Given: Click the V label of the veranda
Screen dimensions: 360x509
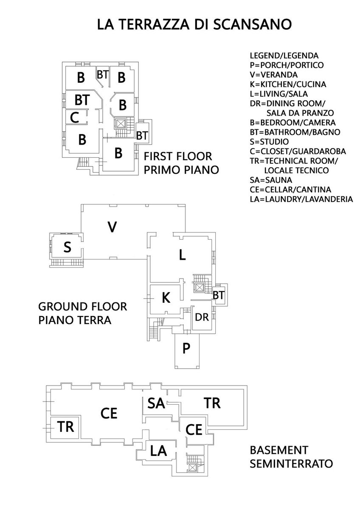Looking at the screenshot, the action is [x=112, y=227].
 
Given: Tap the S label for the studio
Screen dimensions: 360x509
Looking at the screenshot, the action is [x=67, y=247].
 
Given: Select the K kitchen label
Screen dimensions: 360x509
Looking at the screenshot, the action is [x=166, y=298].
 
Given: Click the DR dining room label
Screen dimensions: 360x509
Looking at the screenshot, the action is [x=202, y=317].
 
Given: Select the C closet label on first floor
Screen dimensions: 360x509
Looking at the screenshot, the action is [x=74, y=117].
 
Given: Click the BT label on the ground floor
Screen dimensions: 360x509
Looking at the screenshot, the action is [x=219, y=295].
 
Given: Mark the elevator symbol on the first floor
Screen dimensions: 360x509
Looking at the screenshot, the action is [x=120, y=124].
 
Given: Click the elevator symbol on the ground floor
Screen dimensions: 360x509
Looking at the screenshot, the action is [x=199, y=288].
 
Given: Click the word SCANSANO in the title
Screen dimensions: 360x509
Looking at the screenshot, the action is [x=253, y=24].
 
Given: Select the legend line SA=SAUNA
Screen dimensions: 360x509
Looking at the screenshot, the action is [x=271, y=180].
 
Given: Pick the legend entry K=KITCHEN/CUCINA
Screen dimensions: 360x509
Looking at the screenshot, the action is [x=288, y=84].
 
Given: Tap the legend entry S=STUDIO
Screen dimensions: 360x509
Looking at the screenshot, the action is [x=269, y=142].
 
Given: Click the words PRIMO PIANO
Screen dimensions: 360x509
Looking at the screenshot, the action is [x=181, y=170].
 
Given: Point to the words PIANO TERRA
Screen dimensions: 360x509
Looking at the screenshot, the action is [x=75, y=320].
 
